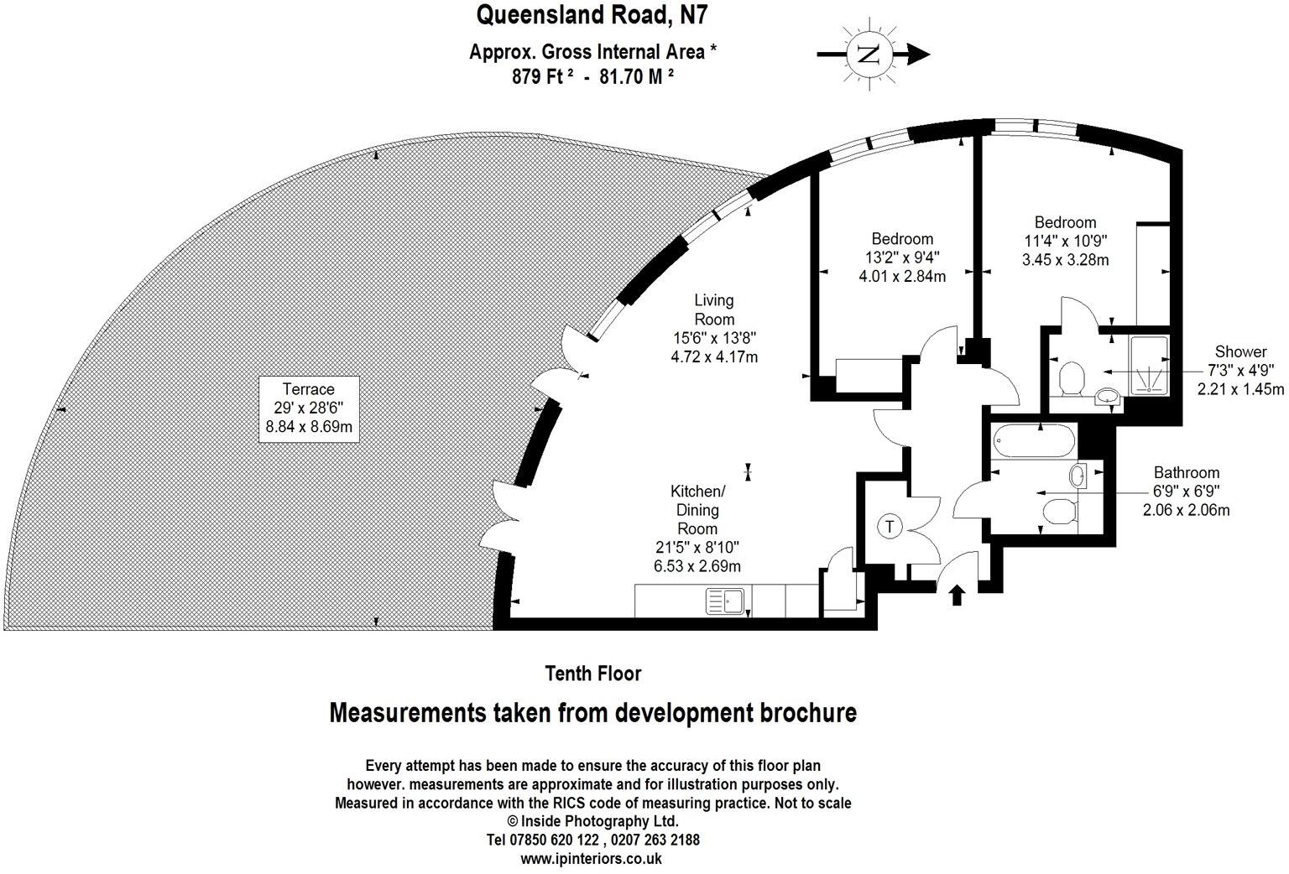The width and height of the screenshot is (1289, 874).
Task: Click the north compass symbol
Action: pyautogui.click(x=870, y=54)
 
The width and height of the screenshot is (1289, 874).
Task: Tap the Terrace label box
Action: pyautogui.click(x=309, y=408)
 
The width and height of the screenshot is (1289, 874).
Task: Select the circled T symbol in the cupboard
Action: pyautogui.click(x=890, y=527)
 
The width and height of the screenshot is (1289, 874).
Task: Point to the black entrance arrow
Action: pyautogui.click(x=957, y=596)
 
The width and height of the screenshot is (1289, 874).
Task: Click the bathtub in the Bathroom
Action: pyautogui.click(x=1034, y=440)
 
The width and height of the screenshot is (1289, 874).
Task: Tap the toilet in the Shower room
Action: pyautogui.click(x=1072, y=377)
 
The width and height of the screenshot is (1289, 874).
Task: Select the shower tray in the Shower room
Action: pyautogui.click(x=1149, y=365)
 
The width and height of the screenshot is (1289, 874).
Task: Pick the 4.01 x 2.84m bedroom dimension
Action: pyautogui.click(x=902, y=277)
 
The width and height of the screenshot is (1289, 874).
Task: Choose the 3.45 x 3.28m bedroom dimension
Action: pyautogui.click(x=1065, y=260)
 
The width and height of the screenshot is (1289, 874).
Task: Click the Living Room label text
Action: pyautogui.click(x=714, y=310)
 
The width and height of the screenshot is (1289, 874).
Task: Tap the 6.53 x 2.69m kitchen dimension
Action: pyautogui.click(x=697, y=566)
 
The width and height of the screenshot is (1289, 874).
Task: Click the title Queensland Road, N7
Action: pyautogui.click(x=592, y=16)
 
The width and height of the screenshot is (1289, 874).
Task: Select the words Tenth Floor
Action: pyautogui.click(x=592, y=674)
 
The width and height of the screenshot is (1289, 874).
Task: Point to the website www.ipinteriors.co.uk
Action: pyautogui.click(x=591, y=859)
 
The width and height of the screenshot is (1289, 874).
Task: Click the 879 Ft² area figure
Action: pyautogui.click(x=542, y=75)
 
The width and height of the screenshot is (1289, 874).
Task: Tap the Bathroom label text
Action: pyautogui.click(x=1187, y=473)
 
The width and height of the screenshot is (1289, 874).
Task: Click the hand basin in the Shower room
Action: pyautogui.click(x=1107, y=396)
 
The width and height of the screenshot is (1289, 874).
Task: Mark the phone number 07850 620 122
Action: pyautogui.click(x=554, y=840)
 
